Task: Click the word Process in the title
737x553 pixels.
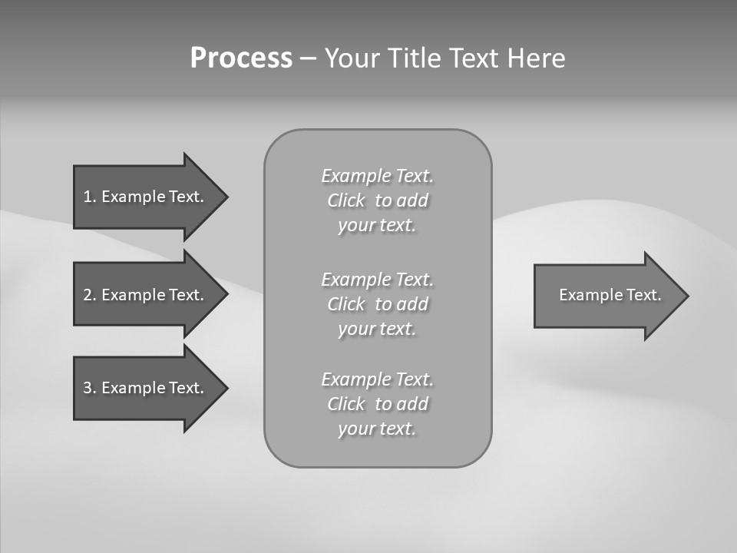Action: (241, 58)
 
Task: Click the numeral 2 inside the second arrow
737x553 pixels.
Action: (88, 295)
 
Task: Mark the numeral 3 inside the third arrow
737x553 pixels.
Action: (88, 388)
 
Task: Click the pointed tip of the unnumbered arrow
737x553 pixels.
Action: (686, 295)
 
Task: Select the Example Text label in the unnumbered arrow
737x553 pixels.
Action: (610, 295)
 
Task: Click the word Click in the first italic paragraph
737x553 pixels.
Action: (346, 201)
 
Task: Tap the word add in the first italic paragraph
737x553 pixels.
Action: (412, 201)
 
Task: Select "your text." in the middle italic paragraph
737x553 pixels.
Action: (376, 329)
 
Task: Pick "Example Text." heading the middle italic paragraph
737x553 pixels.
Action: (377, 279)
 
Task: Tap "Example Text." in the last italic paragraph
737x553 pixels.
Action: (377, 379)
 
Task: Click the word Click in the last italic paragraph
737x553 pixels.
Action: (346, 404)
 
